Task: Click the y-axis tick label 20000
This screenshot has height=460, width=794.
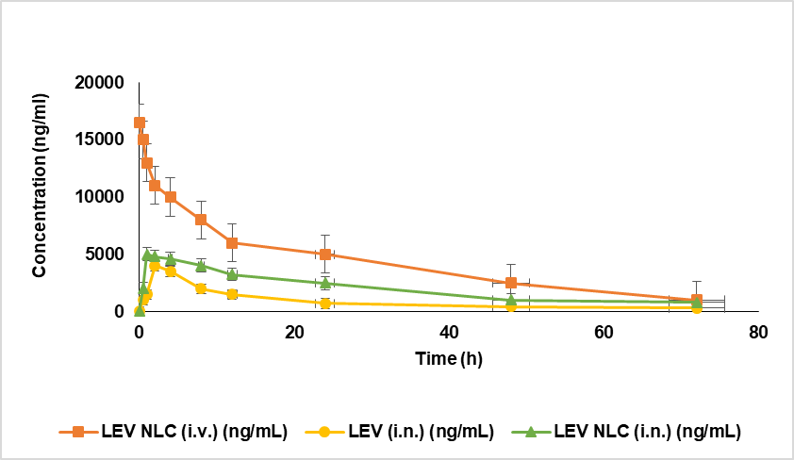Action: (x=99, y=83)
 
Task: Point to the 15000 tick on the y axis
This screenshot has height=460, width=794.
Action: (x=99, y=140)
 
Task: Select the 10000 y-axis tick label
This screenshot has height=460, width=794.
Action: (x=99, y=197)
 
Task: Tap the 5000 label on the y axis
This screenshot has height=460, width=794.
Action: (x=104, y=255)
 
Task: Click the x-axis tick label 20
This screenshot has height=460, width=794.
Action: (x=294, y=332)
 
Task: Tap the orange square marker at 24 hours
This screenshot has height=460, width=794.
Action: (x=325, y=255)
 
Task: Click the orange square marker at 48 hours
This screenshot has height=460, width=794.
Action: (x=511, y=283)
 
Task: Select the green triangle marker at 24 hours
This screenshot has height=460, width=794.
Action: (x=325, y=283)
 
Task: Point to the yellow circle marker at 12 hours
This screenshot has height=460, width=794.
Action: (x=232, y=294)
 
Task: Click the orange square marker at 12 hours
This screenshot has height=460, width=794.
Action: (x=232, y=242)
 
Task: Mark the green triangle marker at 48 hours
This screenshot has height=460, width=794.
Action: (x=511, y=300)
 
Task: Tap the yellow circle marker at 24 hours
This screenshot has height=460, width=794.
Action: (x=325, y=304)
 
